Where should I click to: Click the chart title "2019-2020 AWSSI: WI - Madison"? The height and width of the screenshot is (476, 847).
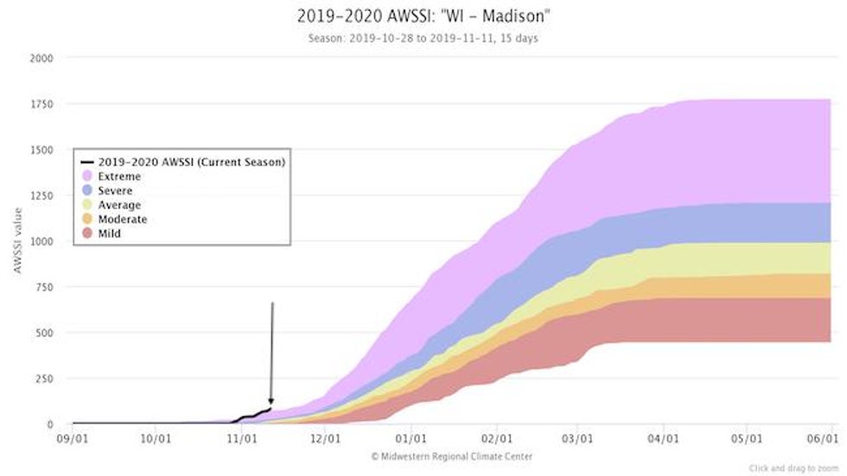[x=423, y=16]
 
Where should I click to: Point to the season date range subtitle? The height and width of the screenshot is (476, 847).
[x=423, y=38]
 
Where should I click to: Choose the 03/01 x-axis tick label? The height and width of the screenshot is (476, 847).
[x=577, y=439]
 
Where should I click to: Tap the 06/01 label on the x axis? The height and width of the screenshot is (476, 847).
[x=831, y=439]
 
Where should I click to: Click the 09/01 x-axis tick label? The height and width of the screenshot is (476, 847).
[x=73, y=439]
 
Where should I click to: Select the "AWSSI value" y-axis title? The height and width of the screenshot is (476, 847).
[x=17, y=242]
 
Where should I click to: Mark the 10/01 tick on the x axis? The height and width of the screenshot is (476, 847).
[x=155, y=439]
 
